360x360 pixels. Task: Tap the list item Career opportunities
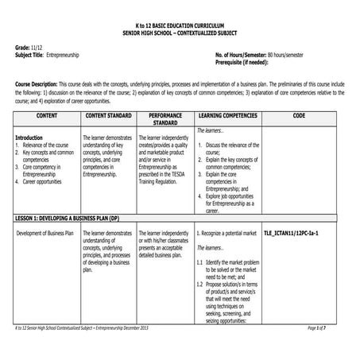pos(50,181)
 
